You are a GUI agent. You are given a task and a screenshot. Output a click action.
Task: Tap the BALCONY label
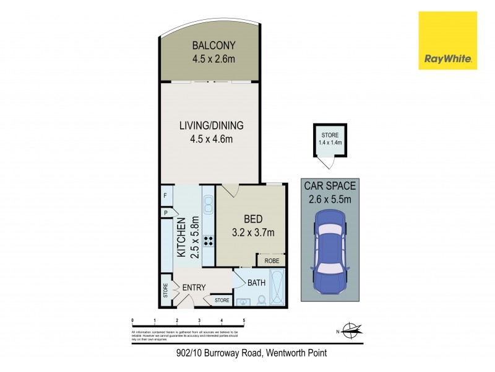click(212, 45)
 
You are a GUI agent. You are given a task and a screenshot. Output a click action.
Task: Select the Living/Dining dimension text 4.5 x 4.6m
click(212, 138)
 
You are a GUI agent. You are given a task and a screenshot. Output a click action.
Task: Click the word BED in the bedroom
click(253, 219)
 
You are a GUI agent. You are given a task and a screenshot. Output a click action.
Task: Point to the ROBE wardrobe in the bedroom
click(272, 261)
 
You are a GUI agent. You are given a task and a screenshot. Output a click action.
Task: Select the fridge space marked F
click(165, 196)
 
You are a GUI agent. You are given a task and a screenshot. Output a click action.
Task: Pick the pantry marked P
click(166, 213)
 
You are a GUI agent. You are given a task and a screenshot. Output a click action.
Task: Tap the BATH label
click(257, 283)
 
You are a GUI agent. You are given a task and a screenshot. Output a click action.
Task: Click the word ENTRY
click(194, 287)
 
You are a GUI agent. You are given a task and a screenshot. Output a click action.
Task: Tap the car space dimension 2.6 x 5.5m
click(330, 198)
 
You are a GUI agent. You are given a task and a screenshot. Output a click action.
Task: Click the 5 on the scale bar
click(244, 321)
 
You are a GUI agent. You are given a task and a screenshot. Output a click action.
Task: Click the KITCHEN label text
click(182, 238)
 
